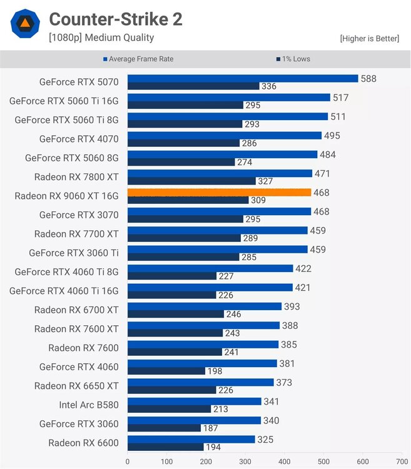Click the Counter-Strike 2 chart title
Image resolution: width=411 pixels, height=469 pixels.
[116, 19]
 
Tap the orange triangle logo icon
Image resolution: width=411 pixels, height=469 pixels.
[24, 24]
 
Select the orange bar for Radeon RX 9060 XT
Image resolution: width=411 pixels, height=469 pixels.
[219, 193]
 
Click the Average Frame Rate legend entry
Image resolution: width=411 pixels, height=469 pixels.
[138, 59]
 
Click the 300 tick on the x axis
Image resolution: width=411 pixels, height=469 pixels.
[245, 461]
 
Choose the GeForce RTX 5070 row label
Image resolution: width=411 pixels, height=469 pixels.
[79, 81]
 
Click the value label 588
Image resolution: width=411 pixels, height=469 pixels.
[368, 78]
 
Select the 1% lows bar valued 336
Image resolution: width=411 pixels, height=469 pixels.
[193, 86]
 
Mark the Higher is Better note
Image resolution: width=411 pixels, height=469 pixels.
[369, 39]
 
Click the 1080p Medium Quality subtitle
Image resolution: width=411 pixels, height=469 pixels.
[101, 38]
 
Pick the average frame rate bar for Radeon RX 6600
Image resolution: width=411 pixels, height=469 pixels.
[191, 440]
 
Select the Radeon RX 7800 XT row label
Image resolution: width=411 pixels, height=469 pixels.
[76, 176]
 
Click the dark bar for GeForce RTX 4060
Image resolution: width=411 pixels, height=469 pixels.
[166, 371]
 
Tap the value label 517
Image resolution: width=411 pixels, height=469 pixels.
[342, 98]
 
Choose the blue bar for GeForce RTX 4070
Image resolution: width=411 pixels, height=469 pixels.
[224, 135]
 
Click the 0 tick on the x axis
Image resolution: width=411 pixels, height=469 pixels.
[128, 461]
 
